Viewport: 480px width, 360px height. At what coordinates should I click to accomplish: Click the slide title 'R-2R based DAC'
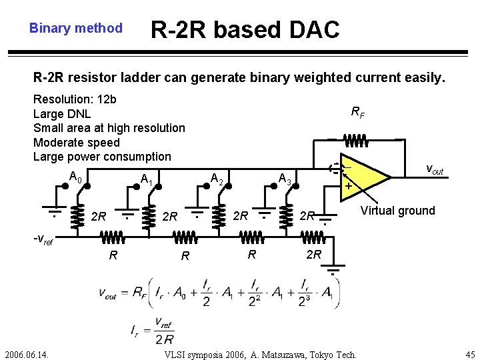pyautogui.click(x=245, y=29)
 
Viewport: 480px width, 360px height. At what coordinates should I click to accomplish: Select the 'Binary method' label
pyautogui.click(x=76, y=28)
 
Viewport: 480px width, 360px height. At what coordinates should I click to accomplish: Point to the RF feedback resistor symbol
pyautogui.click(x=357, y=141)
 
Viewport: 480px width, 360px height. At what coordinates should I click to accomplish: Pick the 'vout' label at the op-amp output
pyautogui.click(x=434, y=170)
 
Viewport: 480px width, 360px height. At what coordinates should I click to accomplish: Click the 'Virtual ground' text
pyautogui.click(x=397, y=211)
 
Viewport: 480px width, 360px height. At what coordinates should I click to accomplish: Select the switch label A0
pyautogui.click(x=75, y=177)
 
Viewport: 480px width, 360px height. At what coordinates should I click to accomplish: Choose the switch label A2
pyautogui.click(x=216, y=178)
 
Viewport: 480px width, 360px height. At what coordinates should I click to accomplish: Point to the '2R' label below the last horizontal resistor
pyautogui.click(x=313, y=255)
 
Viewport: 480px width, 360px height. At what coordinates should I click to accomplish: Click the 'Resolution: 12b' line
pyautogui.click(x=75, y=99)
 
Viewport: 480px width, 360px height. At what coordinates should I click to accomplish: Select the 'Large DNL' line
pyautogui.click(x=62, y=113)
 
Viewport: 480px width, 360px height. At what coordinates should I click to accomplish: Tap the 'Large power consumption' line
pyautogui.click(x=102, y=157)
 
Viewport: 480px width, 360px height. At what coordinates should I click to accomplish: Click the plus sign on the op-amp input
pyautogui.click(x=348, y=187)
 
